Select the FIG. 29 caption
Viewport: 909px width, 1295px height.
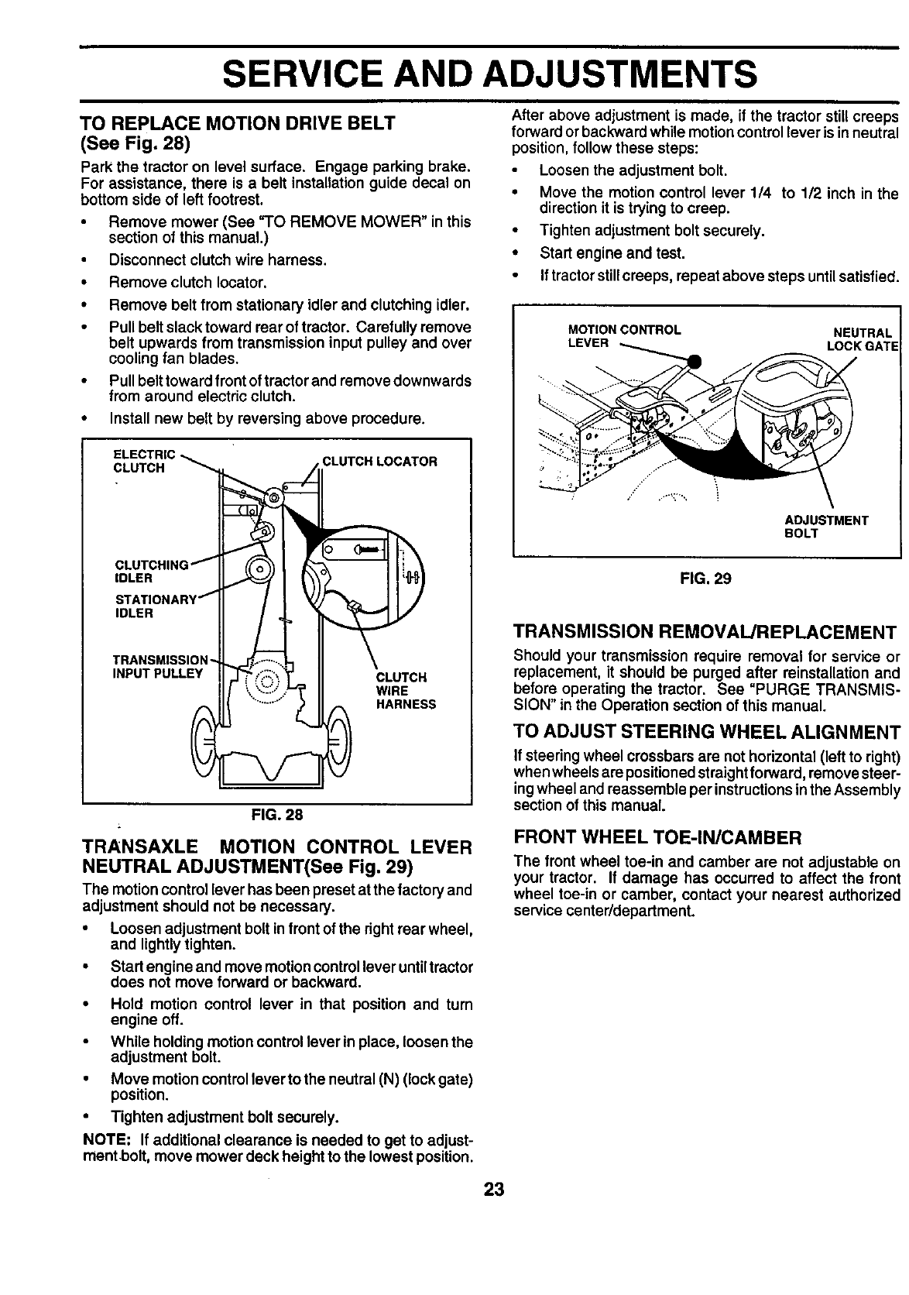coord(707,579)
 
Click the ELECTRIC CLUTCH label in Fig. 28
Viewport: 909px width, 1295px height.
coord(143,461)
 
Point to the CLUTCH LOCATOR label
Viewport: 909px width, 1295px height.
coord(379,462)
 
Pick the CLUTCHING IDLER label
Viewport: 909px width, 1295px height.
coord(151,571)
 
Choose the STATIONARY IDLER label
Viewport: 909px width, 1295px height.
coord(155,606)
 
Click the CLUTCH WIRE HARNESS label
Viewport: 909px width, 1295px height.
coord(405,690)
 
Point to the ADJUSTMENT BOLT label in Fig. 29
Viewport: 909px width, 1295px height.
coord(826,527)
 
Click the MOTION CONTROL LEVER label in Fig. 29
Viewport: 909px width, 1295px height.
coord(623,335)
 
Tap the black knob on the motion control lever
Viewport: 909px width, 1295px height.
coord(694,360)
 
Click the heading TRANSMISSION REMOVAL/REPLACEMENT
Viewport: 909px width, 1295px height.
coord(705,633)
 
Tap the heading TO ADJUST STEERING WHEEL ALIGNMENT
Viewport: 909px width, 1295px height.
coord(707,733)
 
